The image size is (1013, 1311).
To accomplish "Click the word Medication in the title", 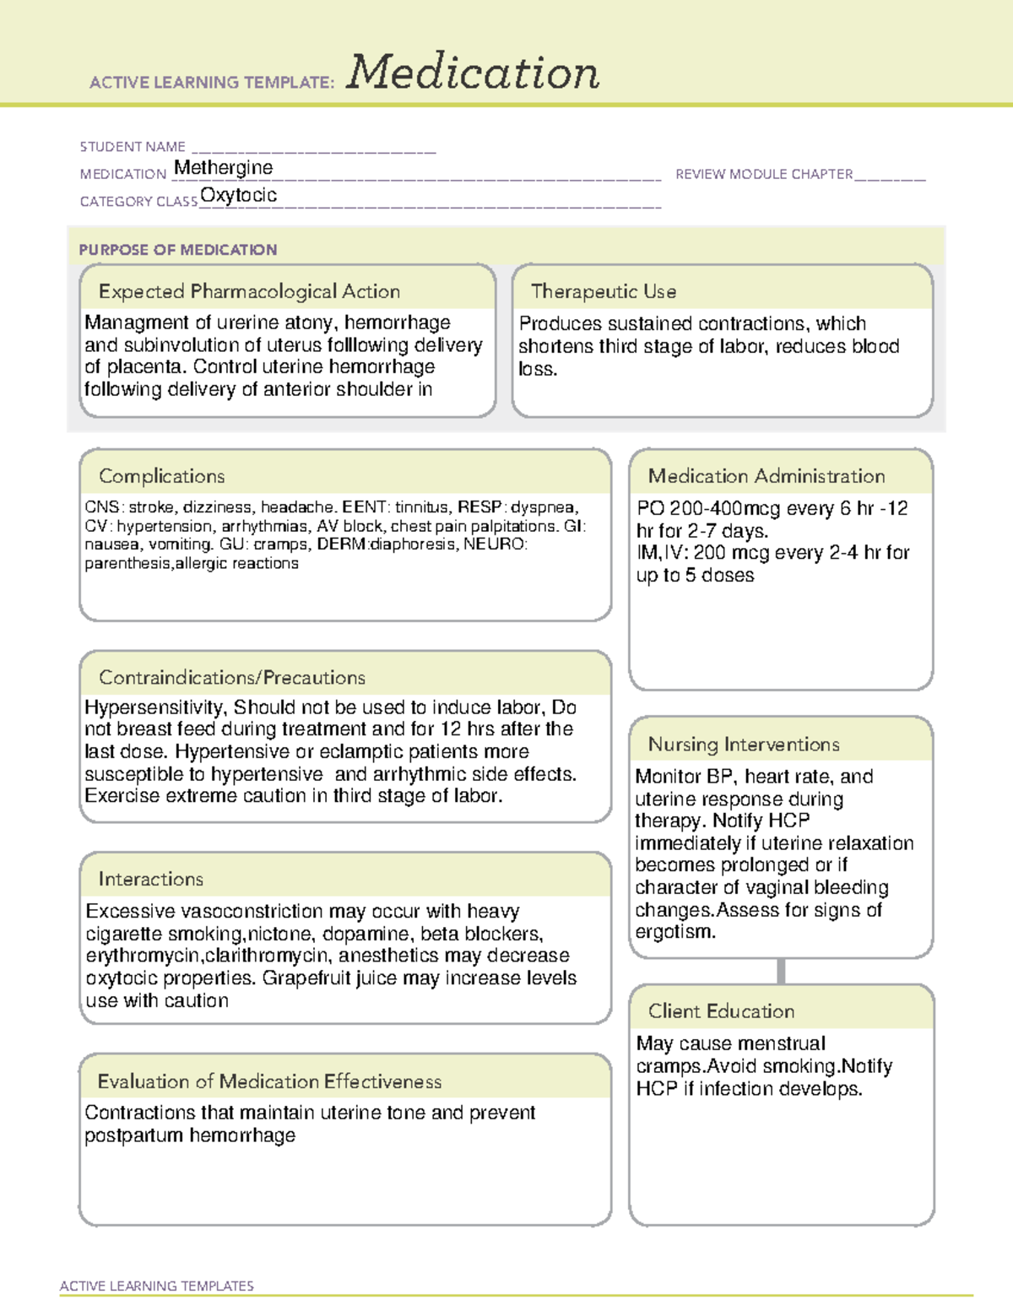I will [x=473, y=73].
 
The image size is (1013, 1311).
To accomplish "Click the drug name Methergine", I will [x=223, y=168].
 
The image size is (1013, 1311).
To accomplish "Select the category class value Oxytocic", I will [x=238, y=195].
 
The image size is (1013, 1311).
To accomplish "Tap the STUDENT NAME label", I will [x=133, y=147].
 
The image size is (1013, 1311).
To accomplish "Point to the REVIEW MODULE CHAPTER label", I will [x=764, y=174].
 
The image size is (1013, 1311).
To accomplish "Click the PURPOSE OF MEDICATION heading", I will [x=177, y=250].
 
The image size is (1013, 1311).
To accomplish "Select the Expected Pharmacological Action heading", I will [x=249, y=291].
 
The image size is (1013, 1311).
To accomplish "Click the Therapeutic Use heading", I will [x=604, y=291].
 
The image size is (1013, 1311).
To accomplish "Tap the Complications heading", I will [x=162, y=476].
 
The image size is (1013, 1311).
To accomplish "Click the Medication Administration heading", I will [x=767, y=476].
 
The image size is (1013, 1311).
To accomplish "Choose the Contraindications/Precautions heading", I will [x=232, y=677].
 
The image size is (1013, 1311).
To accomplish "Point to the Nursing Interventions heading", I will [x=744, y=745].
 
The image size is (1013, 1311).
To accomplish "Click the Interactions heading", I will [x=151, y=879].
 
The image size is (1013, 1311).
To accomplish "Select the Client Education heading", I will [x=721, y=1011].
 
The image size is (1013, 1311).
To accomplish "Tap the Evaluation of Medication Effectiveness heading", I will [x=269, y=1081].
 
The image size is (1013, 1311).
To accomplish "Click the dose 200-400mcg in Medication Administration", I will [x=706, y=508].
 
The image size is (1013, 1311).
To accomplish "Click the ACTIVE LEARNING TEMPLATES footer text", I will [x=157, y=1286].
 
